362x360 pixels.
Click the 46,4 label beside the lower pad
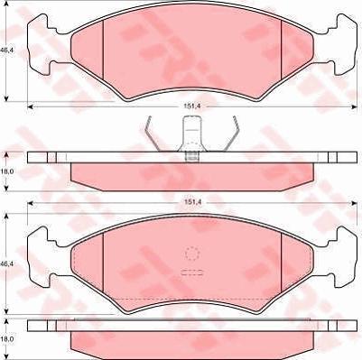tap(7, 263)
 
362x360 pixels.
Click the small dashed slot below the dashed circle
tap(190, 273)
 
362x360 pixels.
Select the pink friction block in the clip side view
tap(190, 172)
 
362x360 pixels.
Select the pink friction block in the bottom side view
tap(190, 341)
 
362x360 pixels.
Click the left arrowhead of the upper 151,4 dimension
tap(31, 106)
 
